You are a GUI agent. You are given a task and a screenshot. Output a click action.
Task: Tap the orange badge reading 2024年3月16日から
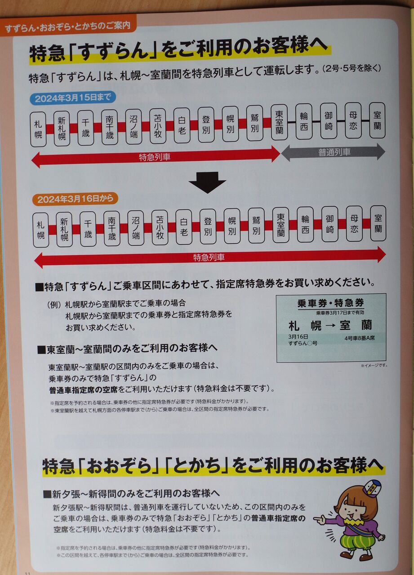click(75, 199)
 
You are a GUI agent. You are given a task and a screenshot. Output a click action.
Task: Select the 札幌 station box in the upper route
click(38, 129)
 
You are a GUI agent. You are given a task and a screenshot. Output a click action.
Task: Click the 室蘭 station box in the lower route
click(378, 223)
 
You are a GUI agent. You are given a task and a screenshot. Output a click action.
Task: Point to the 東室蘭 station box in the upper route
click(279, 122)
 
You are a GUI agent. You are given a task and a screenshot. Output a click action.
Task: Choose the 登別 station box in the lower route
click(208, 227)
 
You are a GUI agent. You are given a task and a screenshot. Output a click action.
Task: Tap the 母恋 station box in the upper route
click(353, 120)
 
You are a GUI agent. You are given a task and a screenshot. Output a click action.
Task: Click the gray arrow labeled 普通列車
click(333, 152)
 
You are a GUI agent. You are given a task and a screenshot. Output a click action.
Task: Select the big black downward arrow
click(207, 182)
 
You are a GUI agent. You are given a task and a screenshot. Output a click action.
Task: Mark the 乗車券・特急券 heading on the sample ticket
click(331, 303)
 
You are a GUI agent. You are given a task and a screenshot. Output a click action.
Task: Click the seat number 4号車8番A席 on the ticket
click(360, 338)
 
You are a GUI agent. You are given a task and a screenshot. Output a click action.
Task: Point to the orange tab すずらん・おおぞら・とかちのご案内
click(68, 26)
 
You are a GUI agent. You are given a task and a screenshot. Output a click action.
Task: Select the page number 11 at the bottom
click(28, 573)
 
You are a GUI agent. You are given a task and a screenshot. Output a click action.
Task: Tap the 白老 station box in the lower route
click(184, 228)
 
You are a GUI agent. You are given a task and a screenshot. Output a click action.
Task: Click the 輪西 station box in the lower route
click(305, 224)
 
